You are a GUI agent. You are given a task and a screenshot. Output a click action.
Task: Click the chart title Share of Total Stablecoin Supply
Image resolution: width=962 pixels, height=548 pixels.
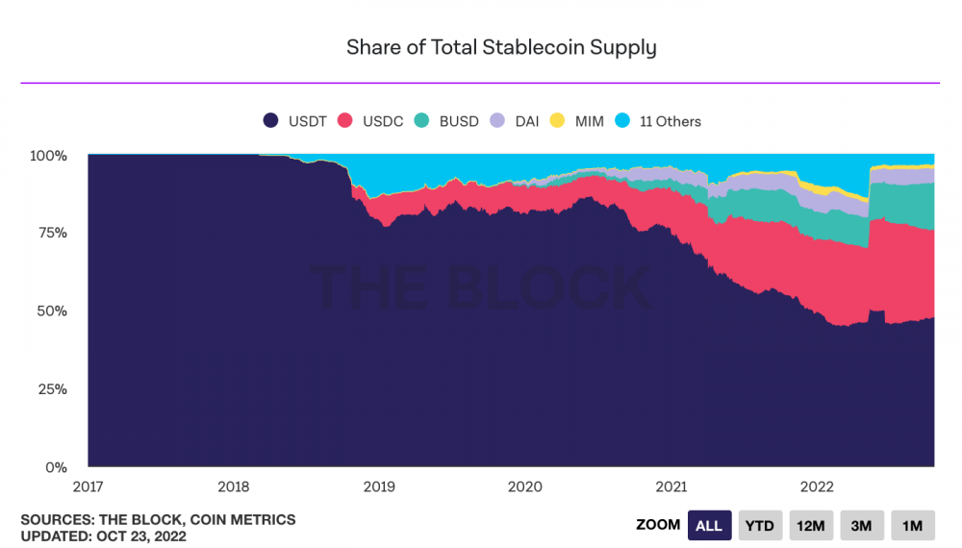point(501,47)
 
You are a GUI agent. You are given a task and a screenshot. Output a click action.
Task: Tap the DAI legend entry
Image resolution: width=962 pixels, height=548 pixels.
point(516,121)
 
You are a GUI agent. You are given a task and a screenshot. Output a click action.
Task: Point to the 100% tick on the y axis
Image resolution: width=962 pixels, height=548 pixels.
point(49,155)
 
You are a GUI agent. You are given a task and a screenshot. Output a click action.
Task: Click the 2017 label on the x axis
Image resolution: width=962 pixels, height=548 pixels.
point(88,486)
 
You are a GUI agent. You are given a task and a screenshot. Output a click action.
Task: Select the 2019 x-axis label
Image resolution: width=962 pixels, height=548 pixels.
point(378,486)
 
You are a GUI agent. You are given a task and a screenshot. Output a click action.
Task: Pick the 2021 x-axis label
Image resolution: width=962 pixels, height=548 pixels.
point(670,486)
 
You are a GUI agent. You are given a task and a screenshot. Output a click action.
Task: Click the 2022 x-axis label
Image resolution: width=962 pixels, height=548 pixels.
point(816,486)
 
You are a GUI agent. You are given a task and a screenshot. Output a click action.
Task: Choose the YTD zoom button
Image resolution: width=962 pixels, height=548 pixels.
point(760,526)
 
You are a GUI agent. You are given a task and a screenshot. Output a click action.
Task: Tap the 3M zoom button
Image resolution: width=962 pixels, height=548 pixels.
point(861,526)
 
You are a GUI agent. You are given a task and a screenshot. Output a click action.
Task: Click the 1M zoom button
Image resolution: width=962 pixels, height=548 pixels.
point(912,526)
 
